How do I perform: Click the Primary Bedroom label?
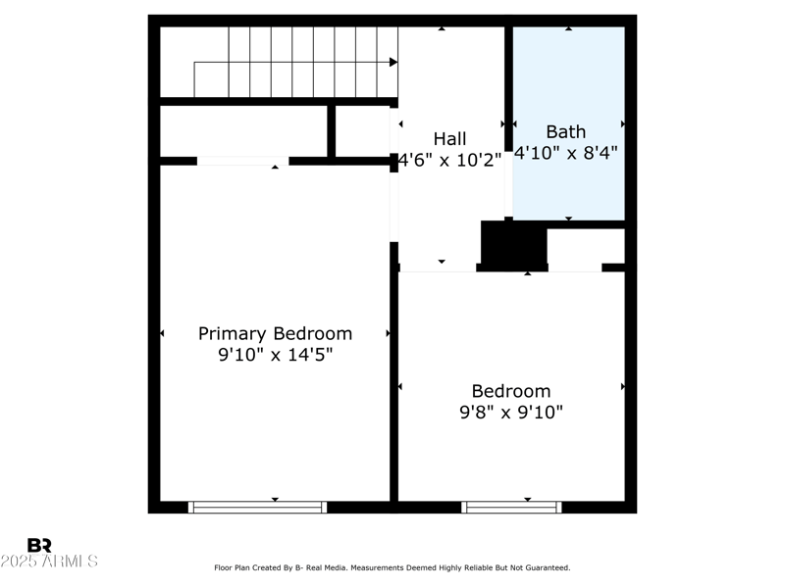click(x=275, y=333)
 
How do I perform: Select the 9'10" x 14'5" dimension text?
click(x=275, y=356)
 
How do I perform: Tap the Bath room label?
click(x=565, y=131)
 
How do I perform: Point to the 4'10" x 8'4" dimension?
click(x=565, y=153)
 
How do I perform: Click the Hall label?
click(x=449, y=139)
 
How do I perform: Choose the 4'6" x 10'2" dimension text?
click(x=449, y=160)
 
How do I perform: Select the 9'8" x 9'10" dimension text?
click(x=511, y=413)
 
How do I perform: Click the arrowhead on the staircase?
click(x=392, y=62)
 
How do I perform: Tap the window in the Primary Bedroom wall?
click(x=257, y=507)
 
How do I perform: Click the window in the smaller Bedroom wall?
click(x=511, y=507)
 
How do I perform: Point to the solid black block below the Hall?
click(x=512, y=244)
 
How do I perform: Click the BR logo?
click(x=39, y=545)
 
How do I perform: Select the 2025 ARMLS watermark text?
click(x=49, y=562)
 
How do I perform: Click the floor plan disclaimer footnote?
click(x=392, y=567)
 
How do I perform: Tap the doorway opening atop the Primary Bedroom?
click(x=242, y=161)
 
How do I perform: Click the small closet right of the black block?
click(x=586, y=247)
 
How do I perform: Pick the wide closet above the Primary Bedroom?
click(x=243, y=130)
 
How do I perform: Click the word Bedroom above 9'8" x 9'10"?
click(x=511, y=391)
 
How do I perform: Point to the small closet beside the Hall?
click(x=363, y=130)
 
